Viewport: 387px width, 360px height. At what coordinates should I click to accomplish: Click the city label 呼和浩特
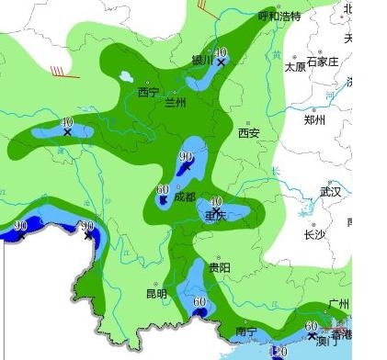pos(279,16)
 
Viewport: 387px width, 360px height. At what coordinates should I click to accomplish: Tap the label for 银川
pos(202,61)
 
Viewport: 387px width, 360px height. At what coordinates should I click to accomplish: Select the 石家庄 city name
pos(323,62)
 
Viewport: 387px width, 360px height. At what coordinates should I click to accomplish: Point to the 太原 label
pos(294,67)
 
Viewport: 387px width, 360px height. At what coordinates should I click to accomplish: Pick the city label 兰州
pos(175,103)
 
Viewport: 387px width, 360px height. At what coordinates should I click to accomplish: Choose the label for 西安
pos(248,133)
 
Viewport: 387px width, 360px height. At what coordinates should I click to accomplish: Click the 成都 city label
pos(184,197)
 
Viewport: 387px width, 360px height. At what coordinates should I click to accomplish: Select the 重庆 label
pos(215,216)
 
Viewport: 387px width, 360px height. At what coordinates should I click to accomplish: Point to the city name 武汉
pos(329,192)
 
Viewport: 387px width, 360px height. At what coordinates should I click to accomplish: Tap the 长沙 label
pos(314,234)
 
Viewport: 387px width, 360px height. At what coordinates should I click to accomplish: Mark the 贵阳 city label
pos(219,267)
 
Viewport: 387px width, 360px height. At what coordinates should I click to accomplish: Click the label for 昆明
pos(156,294)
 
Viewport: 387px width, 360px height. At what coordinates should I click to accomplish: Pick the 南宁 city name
pos(245,332)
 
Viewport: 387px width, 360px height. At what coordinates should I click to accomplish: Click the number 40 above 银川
pos(221,51)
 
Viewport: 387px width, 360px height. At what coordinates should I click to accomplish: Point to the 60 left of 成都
pos(163,188)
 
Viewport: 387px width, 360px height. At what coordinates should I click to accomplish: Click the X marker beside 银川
pos(221,62)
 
